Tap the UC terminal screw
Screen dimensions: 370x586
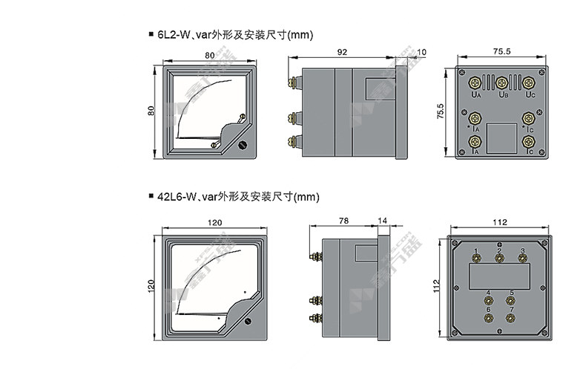[529, 82]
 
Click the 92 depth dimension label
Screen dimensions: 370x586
[342, 53]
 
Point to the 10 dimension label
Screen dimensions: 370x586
[422, 53]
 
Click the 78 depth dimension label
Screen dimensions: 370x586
[343, 221]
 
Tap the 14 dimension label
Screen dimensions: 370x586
[383, 221]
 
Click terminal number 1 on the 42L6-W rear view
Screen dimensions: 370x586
[475, 259]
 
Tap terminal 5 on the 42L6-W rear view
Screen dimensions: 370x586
[510, 299]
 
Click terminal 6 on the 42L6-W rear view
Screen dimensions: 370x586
[488, 318]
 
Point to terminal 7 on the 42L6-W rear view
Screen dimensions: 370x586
[510, 318]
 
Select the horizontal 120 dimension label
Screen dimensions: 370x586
[214, 222]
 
